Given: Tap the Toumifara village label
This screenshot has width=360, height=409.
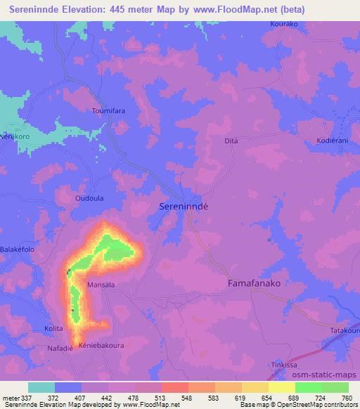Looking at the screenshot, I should pyautogui.click(x=108, y=110).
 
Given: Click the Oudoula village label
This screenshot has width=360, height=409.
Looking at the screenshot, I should pyautogui.click(x=89, y=198).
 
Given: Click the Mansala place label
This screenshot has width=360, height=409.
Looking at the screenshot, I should pyautogui.click(x=101, y=285).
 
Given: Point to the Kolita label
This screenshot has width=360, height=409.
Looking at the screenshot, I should pyautogui.click(x=54, y=328).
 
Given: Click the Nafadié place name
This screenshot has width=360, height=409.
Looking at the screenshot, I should pyautogui.click(x=60, y=348).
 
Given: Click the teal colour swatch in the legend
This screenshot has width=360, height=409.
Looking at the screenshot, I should pyautogui.click(x=41, y=387).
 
